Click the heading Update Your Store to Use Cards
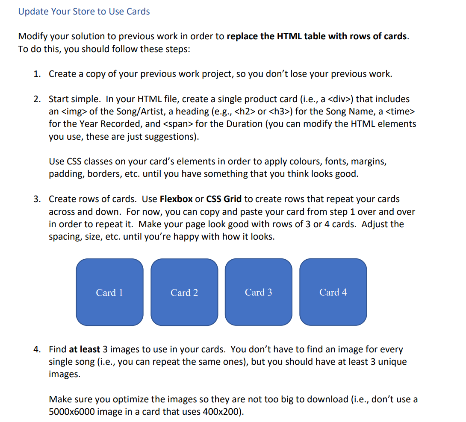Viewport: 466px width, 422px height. pyautogui.click(x=84, y=12)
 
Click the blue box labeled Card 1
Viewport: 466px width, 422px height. pyautogui.click(x=109, y=292)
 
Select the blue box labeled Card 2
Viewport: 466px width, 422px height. pyautogui.click(x=184, y=292)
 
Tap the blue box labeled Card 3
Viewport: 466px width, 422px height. pyautogui.click(x=258, y=292)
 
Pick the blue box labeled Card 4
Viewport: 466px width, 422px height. pyautogui.click(x=333, y=292)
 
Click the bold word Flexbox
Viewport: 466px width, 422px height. pyautogui.click(x=176, y=199)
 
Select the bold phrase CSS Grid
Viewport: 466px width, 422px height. pyautogui.click(x=224, y=199)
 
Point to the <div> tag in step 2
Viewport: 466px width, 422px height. pyautogui.click(x=340, y=99)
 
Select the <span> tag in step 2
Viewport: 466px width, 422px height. pyautogui.click(x=177, y=124)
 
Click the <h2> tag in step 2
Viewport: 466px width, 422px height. pyautogui.click(x=248, y=111)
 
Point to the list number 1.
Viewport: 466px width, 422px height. pyautogui.click(x=37, y=74)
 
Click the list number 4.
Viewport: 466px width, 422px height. pyautogui.click(x=37, y=349)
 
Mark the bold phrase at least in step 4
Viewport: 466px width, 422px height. pyautogui.click(x=84, y=349)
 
